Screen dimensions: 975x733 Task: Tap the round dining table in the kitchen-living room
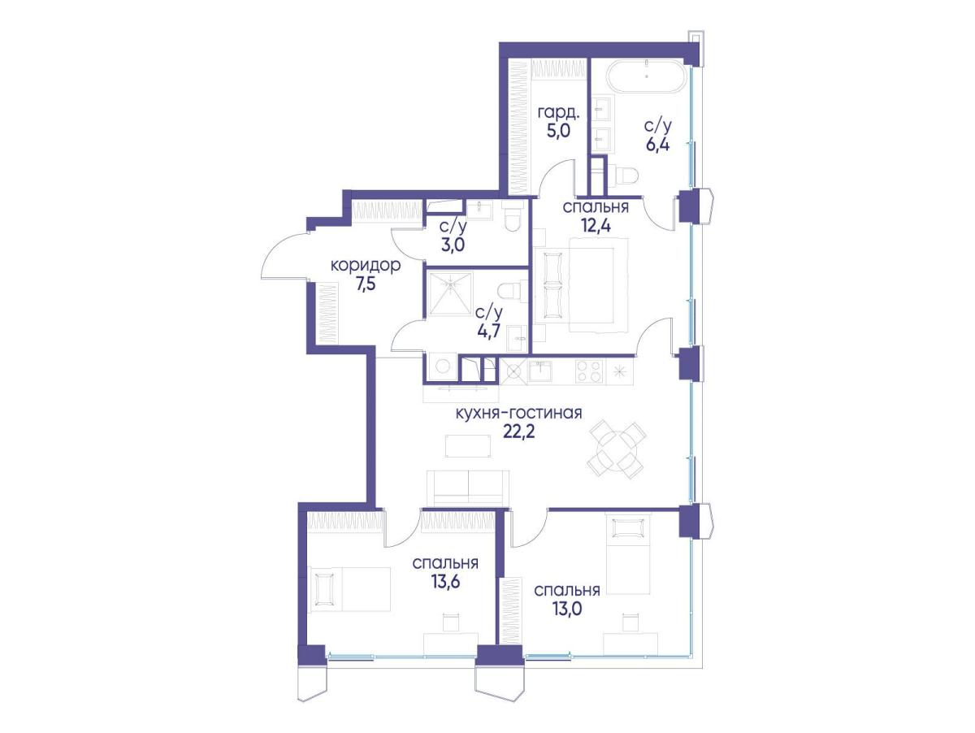(x=617, y=449)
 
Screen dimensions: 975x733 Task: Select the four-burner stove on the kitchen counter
(x=589, y=371)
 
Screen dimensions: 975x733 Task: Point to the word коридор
(x=366, y=265)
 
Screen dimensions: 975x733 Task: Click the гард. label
(x=558, y=113)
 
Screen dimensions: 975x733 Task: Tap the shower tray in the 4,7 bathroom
(x=451, y=294)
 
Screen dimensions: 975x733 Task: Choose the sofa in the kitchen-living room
(x=468, y=488)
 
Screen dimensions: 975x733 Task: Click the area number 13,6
(x=445, y=581)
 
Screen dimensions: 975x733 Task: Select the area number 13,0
(x=567, y=609)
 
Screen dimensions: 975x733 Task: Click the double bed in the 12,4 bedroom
(x=581, y=285)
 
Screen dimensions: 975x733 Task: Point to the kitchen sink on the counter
(x=539, y=370)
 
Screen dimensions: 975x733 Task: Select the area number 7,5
(x=365, y=284)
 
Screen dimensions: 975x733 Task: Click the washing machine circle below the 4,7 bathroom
(x=442, y=366)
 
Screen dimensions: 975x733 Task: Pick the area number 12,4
(x=596, y=226)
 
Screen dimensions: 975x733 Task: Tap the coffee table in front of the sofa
(x=469, y=445)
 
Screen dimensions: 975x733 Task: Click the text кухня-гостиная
(x=518, y=413)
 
